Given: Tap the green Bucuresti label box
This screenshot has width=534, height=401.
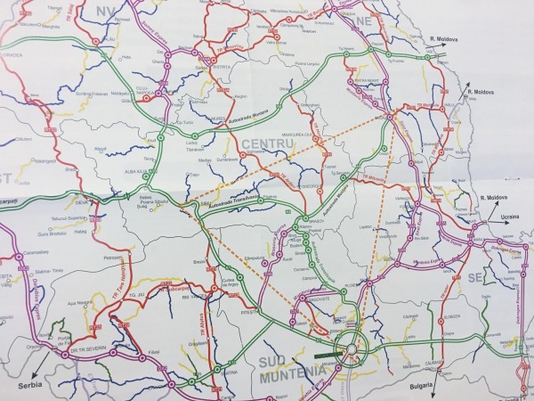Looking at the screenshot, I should pyautogui.click(x=325, y=353).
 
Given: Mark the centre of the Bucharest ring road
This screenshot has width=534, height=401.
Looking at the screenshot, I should pyautogui.click(x=350, y=345).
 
